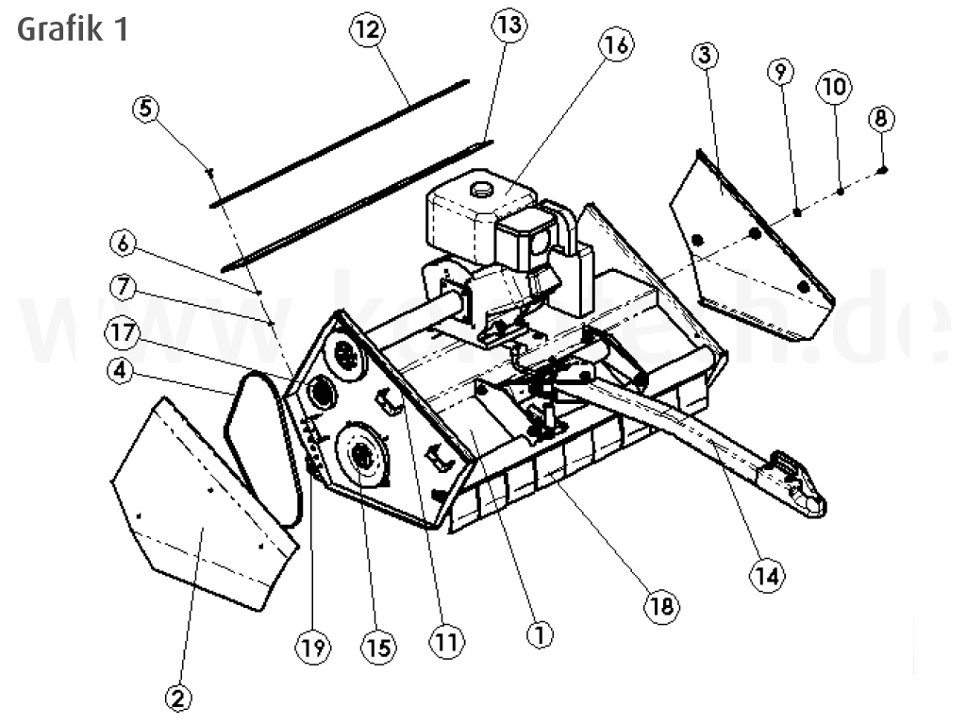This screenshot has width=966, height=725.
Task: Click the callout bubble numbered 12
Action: [x=368, y=30]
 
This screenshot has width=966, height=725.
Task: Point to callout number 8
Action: [x=881, y=119]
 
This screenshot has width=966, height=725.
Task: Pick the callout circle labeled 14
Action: [x=767, y=574]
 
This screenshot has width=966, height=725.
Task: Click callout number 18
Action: [x=662, y=605]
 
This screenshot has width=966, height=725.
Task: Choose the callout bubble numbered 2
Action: [x=178, y=699]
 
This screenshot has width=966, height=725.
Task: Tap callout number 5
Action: [x=146, y=109]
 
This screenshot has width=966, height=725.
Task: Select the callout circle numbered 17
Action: [x=123, y=333]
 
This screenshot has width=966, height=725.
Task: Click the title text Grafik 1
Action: [x=73, y=28]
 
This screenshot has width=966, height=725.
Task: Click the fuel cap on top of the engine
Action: [x=483, y=190]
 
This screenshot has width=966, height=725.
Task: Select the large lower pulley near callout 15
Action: [x=360, y=458]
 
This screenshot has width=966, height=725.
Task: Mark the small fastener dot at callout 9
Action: [x=797, y=212]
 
